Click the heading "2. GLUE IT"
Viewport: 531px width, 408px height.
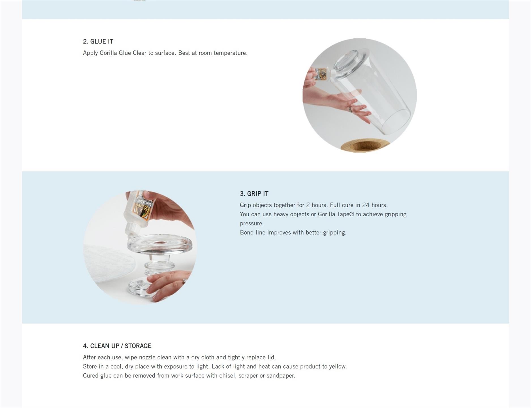click(x=98, y=41)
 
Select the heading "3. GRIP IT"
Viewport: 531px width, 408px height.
click(x=254, y=194)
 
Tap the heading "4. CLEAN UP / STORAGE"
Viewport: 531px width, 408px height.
click(x=117, y=346)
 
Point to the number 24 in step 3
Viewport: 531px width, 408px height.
click(x=366, y=205)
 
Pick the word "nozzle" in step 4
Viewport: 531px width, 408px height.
click(x=147, y=358)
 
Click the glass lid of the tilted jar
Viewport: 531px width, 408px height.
click(x=349, y=60)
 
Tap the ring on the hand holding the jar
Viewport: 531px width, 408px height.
click(x=350, y=109)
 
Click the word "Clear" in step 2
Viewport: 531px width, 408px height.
click(x=140, y=53)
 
